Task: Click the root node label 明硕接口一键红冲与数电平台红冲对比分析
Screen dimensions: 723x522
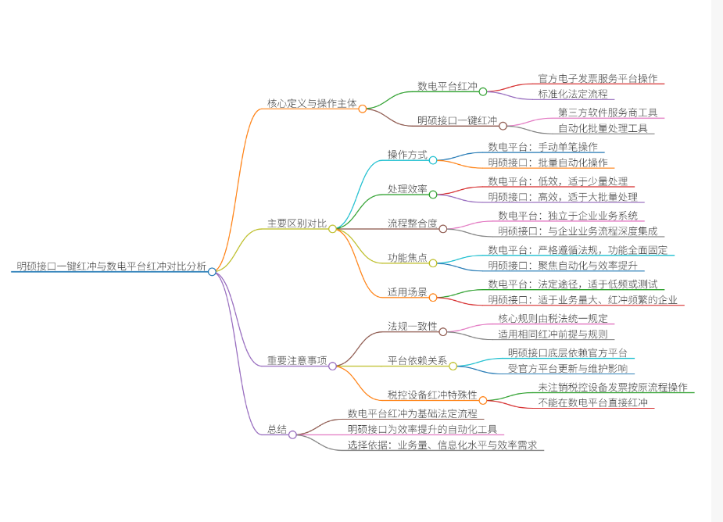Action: [111, 266]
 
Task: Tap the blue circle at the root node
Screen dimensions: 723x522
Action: [212, 272]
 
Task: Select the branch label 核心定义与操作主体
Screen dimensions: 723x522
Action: [312, 103]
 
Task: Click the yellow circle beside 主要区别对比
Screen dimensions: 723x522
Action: [332, 229]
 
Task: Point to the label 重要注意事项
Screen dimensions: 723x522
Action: [297, 360]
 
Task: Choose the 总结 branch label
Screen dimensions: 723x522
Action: [277, 429]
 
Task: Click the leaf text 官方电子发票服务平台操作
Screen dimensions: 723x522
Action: [598, 78]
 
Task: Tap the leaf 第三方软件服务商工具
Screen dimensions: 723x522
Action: [608, 113]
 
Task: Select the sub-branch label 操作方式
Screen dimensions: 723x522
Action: [407, 155]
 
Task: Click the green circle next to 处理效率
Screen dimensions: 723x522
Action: [433, 195]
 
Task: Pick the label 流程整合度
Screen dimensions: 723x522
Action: [412, 223]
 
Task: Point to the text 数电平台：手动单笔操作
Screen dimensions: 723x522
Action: [542, 147]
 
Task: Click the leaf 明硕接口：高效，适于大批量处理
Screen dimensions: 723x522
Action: [563, 197]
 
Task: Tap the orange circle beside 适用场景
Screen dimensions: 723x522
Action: [433, 298]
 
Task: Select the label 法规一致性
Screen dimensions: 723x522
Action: [412, 327]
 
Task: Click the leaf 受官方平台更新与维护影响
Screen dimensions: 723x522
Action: [567, 368]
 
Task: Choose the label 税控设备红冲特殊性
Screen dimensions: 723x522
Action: [432, 395]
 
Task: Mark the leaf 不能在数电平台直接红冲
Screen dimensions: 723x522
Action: [592, 402]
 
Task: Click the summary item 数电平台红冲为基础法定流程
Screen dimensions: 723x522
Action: [412, 413]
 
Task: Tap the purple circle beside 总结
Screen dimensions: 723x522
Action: [292, 434]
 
